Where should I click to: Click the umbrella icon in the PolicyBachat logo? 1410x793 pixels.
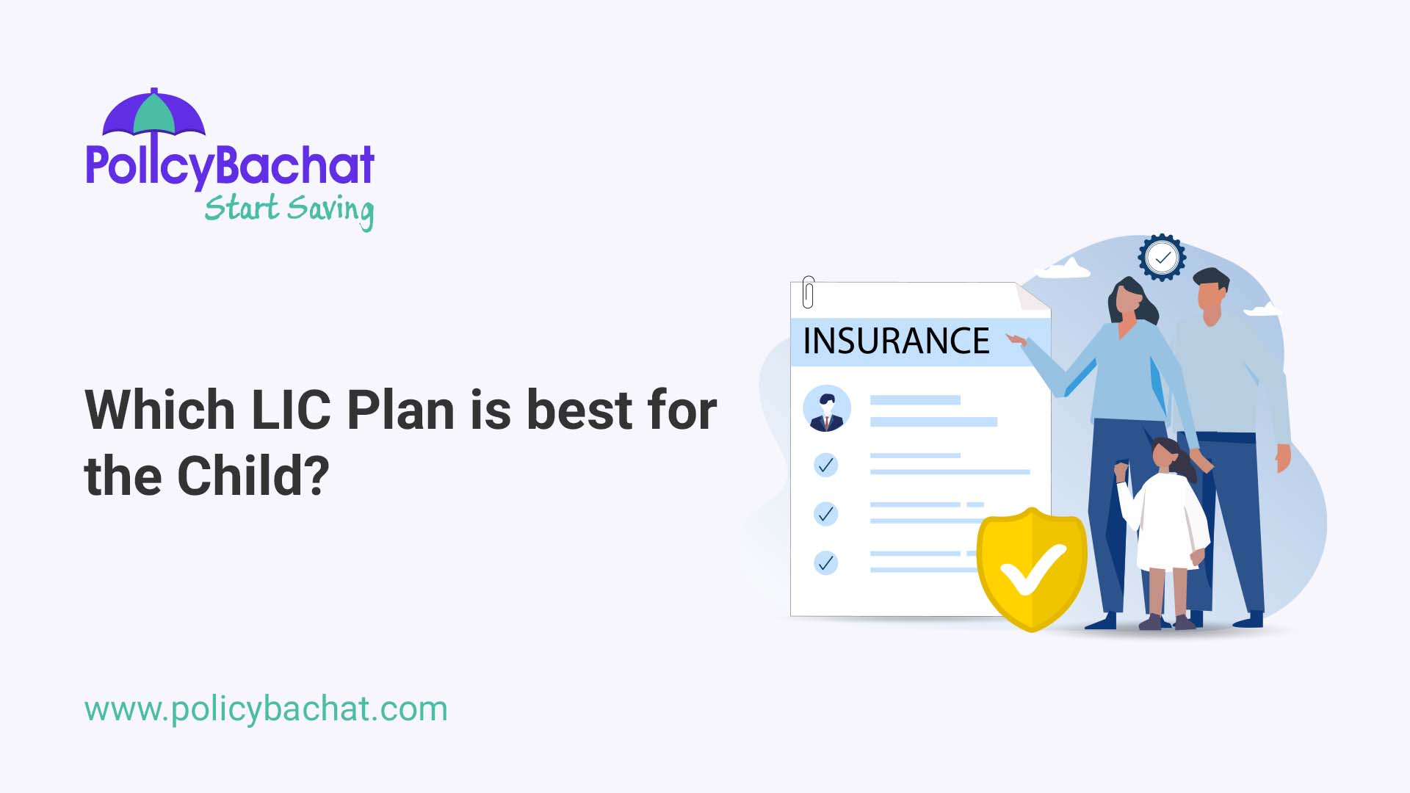point(153,113)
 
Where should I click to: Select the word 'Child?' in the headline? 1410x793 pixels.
point(253,477)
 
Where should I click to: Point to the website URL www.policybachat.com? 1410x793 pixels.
point(266,709)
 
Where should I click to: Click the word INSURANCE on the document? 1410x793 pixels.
point(896,341)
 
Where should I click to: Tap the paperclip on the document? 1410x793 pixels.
point(808,292)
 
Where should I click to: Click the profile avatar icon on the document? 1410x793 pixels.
point(827,409)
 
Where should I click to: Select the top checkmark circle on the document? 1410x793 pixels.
point(826,465)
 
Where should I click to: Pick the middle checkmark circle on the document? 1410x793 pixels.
point(826,514)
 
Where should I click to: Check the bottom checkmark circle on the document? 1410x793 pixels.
point(826,563)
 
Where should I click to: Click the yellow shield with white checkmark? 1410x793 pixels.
point(1032,569)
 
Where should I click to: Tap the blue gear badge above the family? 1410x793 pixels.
point(1162,258)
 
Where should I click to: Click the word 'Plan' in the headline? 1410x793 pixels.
point(401,410)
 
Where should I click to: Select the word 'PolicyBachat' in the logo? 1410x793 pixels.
point(230,164)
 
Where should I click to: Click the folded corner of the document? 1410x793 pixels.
point(1033,297)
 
